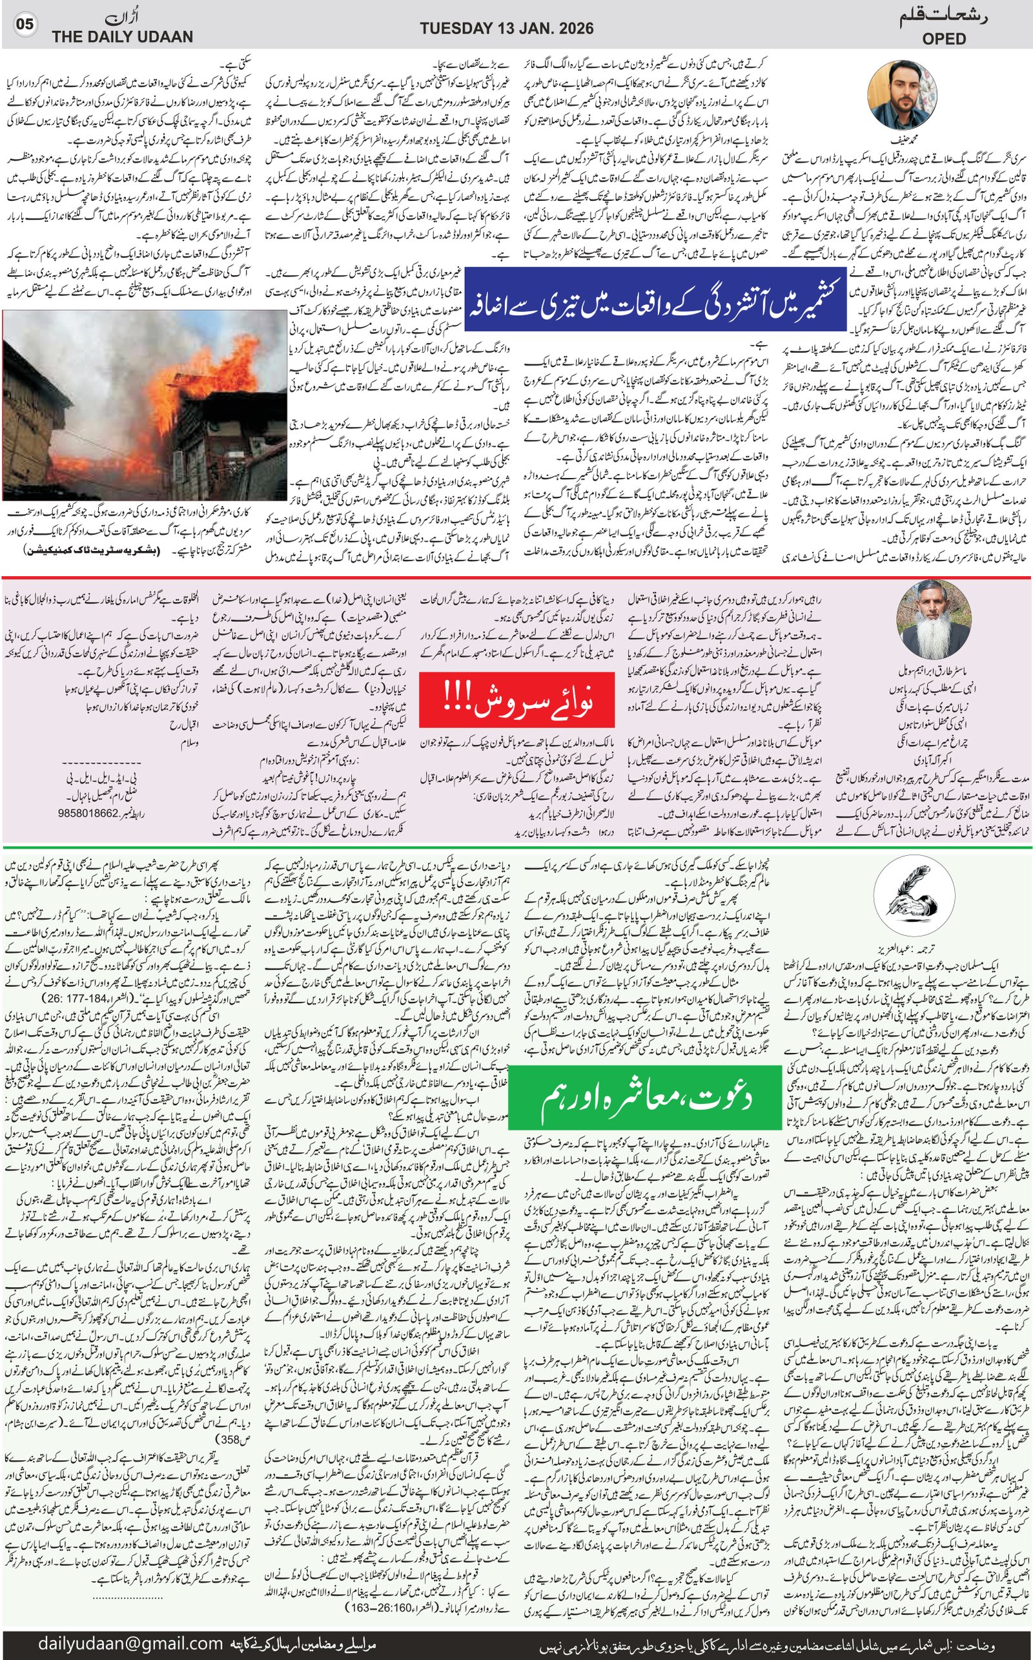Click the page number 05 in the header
click(25, 25)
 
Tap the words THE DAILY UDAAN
click(122, 37)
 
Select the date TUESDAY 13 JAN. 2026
click(506, 28)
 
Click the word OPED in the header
click(943, 39)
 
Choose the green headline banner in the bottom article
click(644, 1097)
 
